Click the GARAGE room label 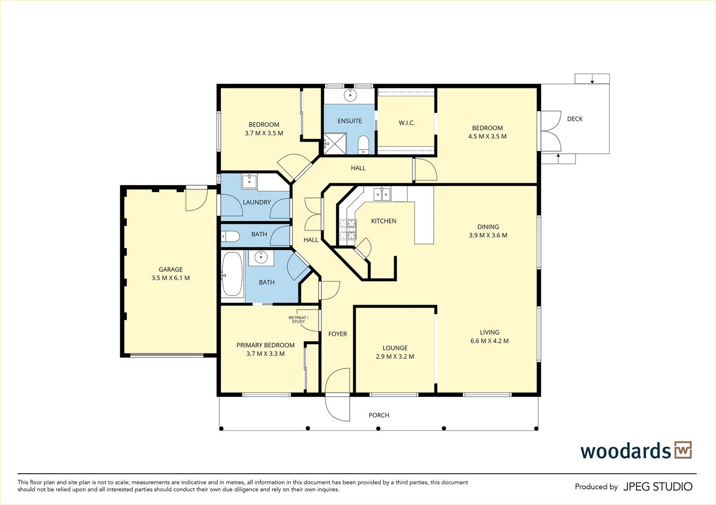(x=170, y=269)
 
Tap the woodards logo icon (x=683, y=450)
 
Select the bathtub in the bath (x=232, y=274)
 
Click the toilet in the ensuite (x=363, y=144)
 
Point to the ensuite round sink (x=350, y=95)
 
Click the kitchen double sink (x=382, y=194)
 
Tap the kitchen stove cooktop (x=348, y=229)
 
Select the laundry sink (x=249, y=181)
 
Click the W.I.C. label (x=407, y=123)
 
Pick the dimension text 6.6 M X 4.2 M (x=489, y=341)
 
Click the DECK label (x=575, y=119)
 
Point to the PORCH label (x=379, y=415)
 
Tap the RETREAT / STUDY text (x=298, y=320)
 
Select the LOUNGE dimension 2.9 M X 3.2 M (x=395, y=356)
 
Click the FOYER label (x=337, y=334)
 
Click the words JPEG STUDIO (x=658, y=487)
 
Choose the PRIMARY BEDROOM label (x=265, y=345)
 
